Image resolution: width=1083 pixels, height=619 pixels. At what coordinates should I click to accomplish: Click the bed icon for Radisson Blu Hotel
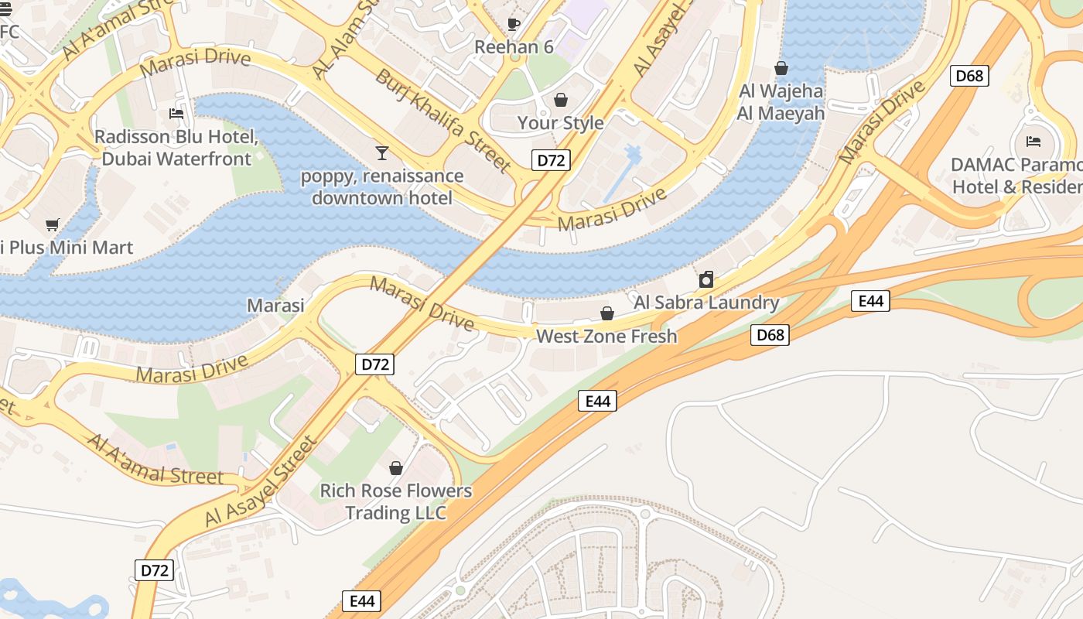(176, 114)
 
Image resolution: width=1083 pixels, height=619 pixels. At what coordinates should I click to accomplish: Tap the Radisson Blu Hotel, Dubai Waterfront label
(176, 148)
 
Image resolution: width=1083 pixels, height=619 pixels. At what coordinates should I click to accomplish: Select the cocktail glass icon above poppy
(381, 152)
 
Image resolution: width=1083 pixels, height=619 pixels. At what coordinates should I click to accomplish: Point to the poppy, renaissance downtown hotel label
(382, 186)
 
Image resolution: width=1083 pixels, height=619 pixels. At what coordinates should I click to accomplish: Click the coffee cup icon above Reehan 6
(514, 24)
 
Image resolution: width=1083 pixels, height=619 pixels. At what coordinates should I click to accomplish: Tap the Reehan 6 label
(514, 47)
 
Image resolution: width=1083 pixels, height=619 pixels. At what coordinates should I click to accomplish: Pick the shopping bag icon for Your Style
(561, 100)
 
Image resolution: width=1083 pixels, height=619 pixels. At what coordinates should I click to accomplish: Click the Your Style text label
(561, 123)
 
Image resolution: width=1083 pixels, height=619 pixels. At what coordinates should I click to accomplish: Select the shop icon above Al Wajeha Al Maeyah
(781, 68)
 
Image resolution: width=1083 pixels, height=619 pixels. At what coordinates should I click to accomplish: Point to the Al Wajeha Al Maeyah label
(781, 102)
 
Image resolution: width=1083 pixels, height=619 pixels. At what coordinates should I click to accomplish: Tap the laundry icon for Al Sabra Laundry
(705, 279)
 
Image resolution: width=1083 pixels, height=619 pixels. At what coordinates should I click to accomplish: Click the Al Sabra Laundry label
(706, 303)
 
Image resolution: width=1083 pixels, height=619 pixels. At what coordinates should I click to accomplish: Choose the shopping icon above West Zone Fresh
(607, 313)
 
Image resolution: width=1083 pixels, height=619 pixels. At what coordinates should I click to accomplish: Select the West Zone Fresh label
(606, 337)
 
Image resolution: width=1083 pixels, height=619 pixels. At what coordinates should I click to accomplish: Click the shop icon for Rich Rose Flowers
(396, 468)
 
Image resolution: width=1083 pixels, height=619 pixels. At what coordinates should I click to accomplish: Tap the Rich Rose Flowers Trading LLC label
(396, 501)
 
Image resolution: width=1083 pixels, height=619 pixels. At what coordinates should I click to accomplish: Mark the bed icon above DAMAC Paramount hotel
(1033, 141)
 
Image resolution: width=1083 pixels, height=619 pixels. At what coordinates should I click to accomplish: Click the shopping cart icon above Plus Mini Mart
(52, 225)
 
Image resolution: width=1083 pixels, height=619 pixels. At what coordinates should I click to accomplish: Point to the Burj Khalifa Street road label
(443, 120)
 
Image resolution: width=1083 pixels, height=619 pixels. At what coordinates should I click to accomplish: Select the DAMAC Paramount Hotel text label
(1016, 176)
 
